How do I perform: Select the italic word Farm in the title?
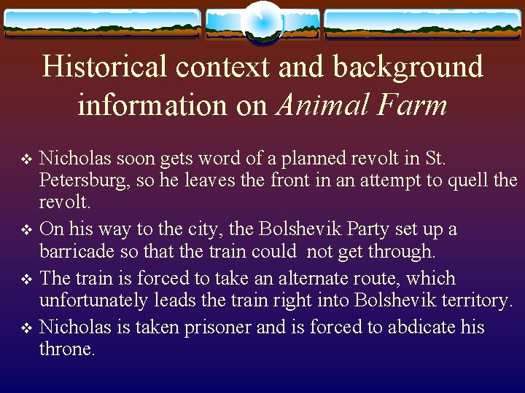(x=412, y=106)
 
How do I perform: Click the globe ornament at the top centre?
(x=262, y=21)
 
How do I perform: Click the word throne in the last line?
(x=64, y=350)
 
